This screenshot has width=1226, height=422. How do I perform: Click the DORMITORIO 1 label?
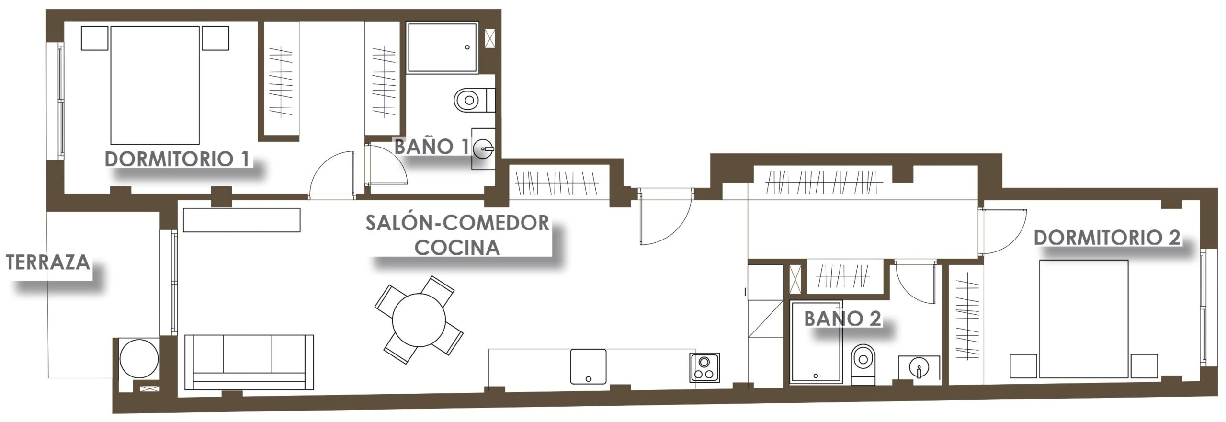tap(177, 159)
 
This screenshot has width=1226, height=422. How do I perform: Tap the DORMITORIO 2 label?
tap(1107, 238)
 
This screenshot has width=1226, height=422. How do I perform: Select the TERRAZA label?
tap(48, 262)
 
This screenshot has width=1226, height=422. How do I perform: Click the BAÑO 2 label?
tap(842, 318)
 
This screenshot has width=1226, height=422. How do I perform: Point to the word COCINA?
tap(457, 247)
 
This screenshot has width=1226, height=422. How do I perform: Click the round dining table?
tap(419, 320)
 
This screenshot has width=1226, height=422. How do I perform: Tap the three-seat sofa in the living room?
tap(249, 362)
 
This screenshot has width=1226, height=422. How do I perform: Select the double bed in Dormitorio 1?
tap(155, 85)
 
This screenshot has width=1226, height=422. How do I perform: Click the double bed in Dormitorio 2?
tap(1084, 319)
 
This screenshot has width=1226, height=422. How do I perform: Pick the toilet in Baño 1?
tap(474, 100)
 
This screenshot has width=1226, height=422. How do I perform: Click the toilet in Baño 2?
tap(863, 365)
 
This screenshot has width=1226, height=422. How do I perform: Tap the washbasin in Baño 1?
tap(483, 148)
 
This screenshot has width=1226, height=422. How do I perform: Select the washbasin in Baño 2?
tap(919, 368)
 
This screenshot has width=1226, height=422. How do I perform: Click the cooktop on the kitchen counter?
tap(704, 367)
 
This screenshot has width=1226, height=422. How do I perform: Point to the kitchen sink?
tap(588, 366)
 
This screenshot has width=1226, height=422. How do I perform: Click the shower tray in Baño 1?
tap(443, 47)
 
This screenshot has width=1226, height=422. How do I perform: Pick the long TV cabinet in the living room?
tap(242, 220)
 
